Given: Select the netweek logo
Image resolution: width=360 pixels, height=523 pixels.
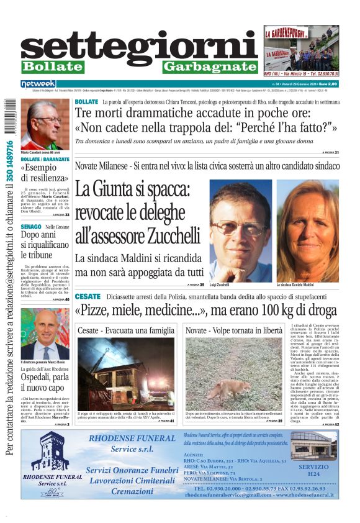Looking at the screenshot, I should (38, 83).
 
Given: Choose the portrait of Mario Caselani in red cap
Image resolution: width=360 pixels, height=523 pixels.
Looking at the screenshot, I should (45, 125).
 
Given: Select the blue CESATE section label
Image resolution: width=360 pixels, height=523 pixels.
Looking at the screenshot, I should (88, 296).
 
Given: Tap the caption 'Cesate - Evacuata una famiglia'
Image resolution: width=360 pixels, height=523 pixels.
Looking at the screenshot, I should (126, 330).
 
